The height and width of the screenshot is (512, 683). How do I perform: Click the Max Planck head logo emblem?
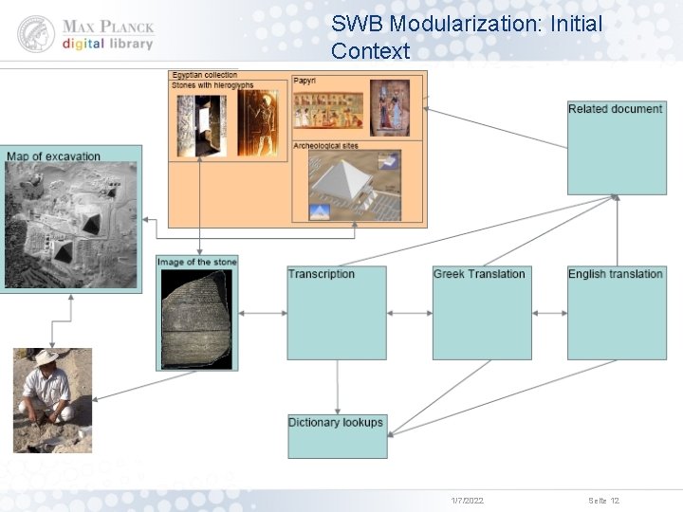click(x=37, y=33)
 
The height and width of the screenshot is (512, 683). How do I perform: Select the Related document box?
click(x=617, y=147)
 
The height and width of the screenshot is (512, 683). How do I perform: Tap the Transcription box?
click(x=337, y=312)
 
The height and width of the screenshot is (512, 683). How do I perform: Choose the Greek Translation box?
click(x=482, y=312)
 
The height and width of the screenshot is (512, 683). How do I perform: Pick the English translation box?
click(x=617, y=312)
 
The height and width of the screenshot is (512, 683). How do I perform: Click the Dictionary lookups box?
click(x=337, y=435)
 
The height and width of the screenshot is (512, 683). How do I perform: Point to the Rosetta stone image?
click(x=196, y=319)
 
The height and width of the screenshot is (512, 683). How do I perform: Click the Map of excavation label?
click(x=53, y=155)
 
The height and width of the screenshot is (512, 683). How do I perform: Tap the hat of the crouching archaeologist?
click(x=45, y=357)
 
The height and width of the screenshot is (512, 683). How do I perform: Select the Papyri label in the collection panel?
click(x=305, y=82)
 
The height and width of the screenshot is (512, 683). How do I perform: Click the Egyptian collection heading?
click(x=205, y=75)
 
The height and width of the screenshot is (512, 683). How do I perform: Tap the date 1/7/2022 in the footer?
click(x=467, y=500)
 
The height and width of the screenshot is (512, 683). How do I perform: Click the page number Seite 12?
click(x=604, y=500)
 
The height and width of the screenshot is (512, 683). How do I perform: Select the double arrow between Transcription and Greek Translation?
click(x=409, y=312)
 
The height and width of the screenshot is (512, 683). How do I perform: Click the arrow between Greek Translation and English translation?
click(x=549, y=312)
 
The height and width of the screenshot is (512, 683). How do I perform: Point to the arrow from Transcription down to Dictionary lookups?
click(x=337, y=387)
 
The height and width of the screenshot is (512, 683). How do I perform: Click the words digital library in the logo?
click(x=107, y=44)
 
